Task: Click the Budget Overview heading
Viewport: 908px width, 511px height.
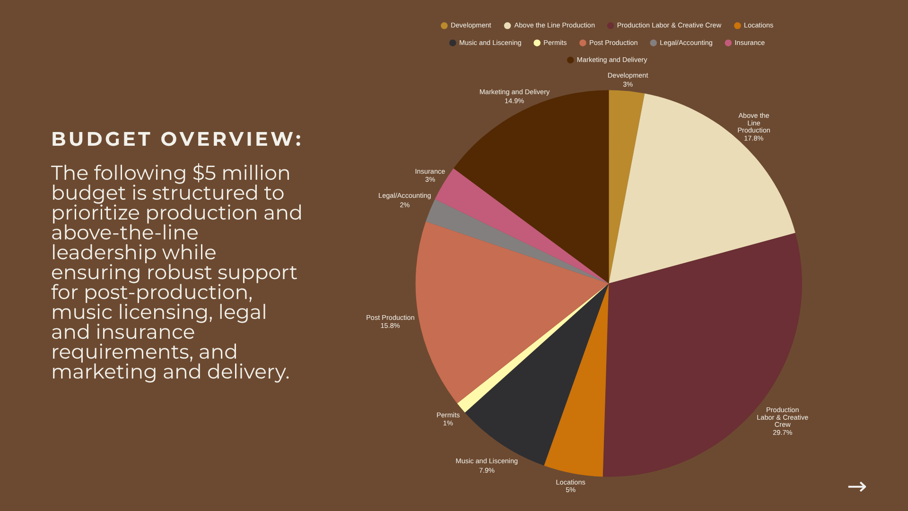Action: click(x=176, y=139)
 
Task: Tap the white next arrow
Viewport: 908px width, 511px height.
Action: click(x=857, y=486)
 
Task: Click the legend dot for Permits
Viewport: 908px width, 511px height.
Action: click(x=537, y=43)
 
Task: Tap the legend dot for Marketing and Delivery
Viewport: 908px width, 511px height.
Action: click(x=570, y=60)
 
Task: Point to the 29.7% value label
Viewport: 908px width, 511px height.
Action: click(x=782, y=432)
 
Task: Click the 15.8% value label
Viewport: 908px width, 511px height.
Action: click(x=390, y=326)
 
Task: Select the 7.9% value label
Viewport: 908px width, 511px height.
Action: click(x=487, y=470)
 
